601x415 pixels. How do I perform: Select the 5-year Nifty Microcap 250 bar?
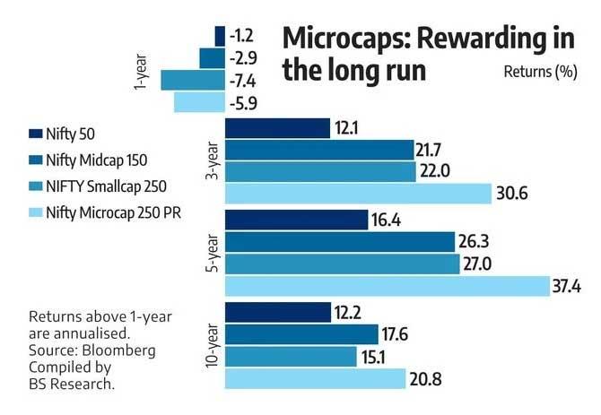click(x=386, y=286)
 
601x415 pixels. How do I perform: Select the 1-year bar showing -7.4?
click(x=192, y=81)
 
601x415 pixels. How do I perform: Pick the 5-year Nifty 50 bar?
click(x=296, y=220)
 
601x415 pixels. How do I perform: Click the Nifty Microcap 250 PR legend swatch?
click(x=36, y=212)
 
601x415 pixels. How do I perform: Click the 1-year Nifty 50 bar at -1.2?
click(x=220, y=36)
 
